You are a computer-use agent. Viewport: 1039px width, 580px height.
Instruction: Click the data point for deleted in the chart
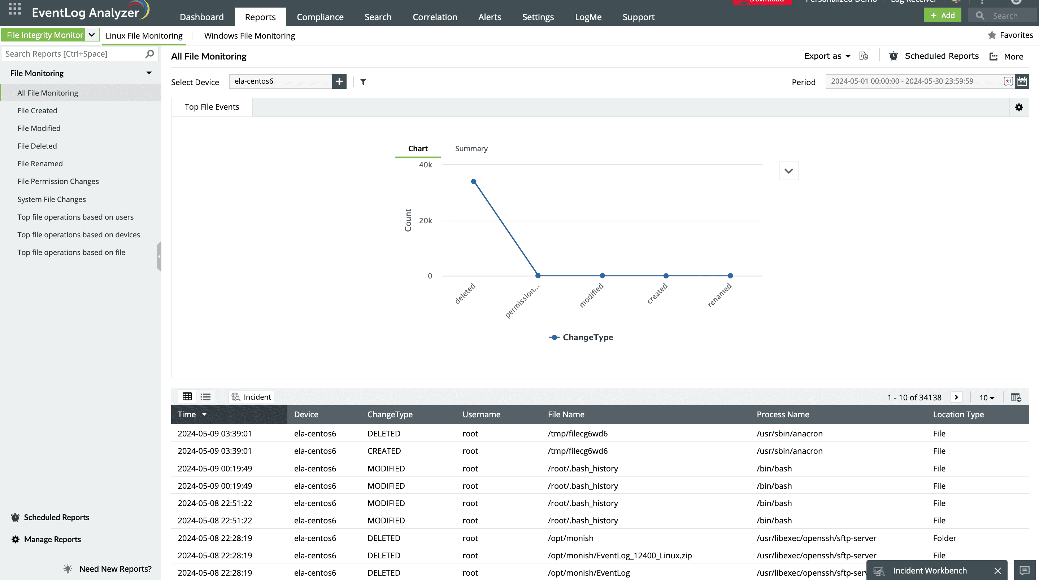tap(474, 182)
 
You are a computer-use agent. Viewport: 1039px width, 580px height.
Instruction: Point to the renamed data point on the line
tap(730, 276)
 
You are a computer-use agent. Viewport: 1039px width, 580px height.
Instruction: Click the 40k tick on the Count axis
tap(425, 165)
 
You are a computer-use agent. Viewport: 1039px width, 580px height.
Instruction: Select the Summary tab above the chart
tap(471, 149)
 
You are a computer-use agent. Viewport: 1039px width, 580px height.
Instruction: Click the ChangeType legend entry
tap(581, 337)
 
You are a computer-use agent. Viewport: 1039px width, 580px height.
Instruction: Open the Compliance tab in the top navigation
tap(320, 17)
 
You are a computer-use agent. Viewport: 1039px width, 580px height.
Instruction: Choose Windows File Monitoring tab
tap(249, 36)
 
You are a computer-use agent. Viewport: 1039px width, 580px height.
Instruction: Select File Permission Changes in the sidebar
tap(58, 181)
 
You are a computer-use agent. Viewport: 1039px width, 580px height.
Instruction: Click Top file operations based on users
tap(75, 217)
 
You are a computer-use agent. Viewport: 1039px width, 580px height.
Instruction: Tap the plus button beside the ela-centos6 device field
tap(339, 82)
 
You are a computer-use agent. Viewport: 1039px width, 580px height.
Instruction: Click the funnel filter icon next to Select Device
tap(363, 82)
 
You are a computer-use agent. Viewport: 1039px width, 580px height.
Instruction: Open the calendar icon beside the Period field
tap(1022, 82)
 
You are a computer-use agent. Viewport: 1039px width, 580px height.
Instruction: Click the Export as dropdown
tap(827, 56)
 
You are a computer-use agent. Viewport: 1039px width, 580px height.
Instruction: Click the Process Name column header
tap(782, 414)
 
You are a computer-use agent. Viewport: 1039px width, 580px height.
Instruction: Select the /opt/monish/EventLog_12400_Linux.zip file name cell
tap(620, 555)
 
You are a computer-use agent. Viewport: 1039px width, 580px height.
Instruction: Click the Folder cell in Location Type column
tap(944, 538)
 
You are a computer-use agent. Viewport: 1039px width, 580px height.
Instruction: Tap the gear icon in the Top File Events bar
tap(1019, 107)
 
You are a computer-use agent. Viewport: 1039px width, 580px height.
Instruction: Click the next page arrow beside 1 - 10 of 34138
tap(956, 397)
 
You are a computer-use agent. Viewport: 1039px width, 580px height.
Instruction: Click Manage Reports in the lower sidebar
tap(52, 539)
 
